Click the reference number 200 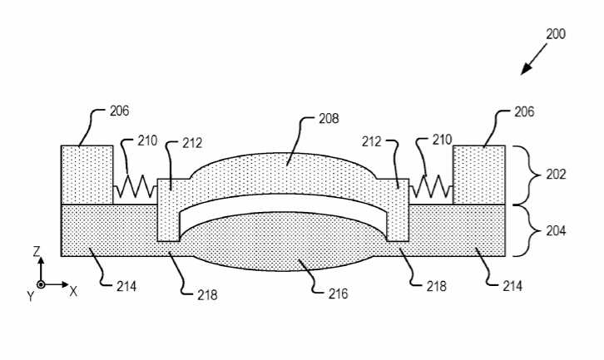[556, 34]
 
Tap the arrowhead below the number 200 [526, 69]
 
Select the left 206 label [120, 111]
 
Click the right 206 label [524, 112]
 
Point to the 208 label [329, 119]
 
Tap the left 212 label [192, 143]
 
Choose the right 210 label [442, 140]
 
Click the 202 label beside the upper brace [556, 175]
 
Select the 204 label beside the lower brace [556, 231]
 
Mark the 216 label [339, 294]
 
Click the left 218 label [208, 295]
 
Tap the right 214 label [512, 287]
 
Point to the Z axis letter [37, 252]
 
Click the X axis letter [73, 292]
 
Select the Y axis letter [31, 296]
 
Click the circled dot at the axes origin [41, 284]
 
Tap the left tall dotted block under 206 [87, 175]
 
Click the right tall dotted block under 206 [479, 175]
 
